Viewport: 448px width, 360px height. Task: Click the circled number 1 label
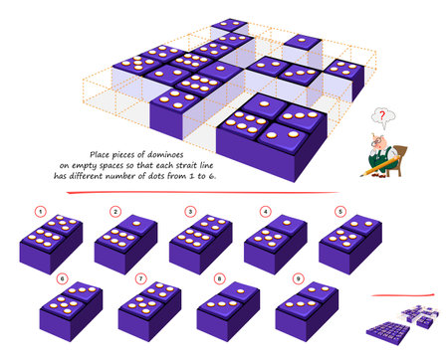[x=41, y=211]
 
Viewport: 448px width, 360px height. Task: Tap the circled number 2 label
[x=114, y=211]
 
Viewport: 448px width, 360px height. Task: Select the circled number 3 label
[x=190, y=211]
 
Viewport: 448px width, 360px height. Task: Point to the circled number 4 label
[x=266, y=211]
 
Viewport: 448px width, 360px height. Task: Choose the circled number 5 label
[x=340, y=211]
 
